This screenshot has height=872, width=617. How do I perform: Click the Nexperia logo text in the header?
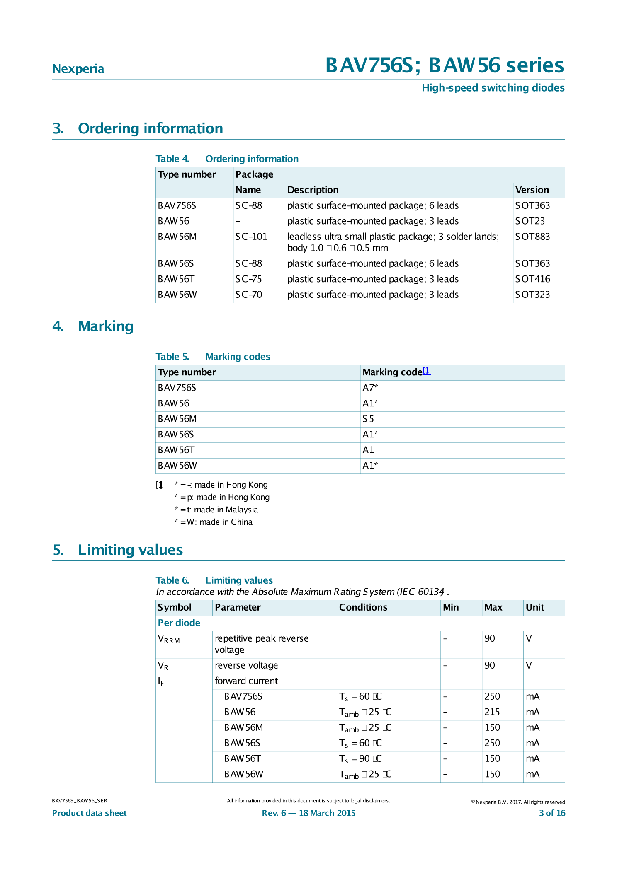(78, 69)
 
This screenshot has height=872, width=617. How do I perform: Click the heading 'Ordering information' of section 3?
(150, 128)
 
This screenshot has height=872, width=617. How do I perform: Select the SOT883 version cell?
(532, 237)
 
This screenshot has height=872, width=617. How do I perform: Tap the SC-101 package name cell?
(251, 237)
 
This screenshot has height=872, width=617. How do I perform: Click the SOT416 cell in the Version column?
(532, 279)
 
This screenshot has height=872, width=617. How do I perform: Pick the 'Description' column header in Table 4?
(313, 190)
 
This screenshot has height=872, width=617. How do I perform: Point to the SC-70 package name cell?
(249, 295)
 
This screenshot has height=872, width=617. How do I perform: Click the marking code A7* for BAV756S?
(370, 388)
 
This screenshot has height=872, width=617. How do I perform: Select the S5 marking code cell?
(368, 419)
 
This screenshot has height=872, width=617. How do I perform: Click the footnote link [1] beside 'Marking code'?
(426, 371)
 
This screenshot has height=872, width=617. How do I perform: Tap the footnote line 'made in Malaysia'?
(216, 510)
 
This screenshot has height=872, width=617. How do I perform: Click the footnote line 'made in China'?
(214, 522)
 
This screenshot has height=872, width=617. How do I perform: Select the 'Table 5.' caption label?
(172, 357)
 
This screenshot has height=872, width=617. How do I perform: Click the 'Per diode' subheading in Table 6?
(179, 623)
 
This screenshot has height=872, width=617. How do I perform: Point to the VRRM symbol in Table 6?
(169, 639)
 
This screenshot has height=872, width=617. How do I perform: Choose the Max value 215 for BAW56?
(492, 712)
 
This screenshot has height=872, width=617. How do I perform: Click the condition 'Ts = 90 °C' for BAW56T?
(360, 758)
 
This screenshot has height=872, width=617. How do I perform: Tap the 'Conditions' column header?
(363, 607)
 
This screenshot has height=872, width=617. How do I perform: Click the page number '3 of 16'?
(552, 813)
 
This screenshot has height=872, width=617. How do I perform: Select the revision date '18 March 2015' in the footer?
(327, 813)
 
